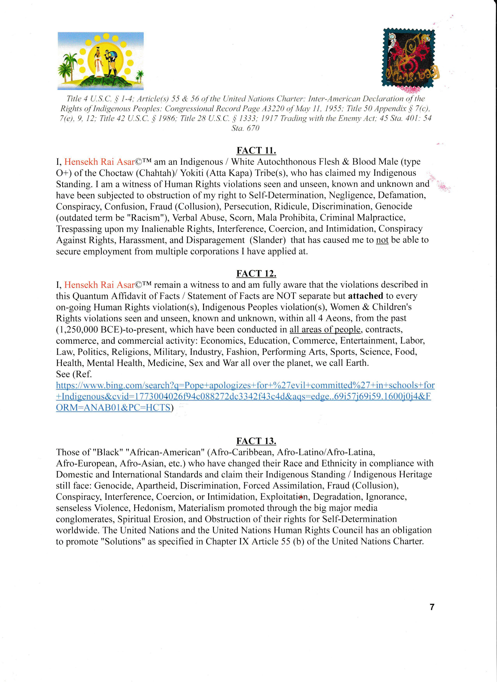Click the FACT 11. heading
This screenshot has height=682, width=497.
256,150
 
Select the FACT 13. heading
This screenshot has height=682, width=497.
256,441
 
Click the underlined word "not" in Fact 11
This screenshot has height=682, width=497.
382,240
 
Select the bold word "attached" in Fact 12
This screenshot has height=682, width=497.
365,296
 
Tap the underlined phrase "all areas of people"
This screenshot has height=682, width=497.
325,330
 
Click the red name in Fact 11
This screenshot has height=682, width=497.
99,162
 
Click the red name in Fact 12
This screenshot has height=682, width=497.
99,285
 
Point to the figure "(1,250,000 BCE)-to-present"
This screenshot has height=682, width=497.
111,330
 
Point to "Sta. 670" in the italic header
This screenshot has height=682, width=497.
245,128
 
